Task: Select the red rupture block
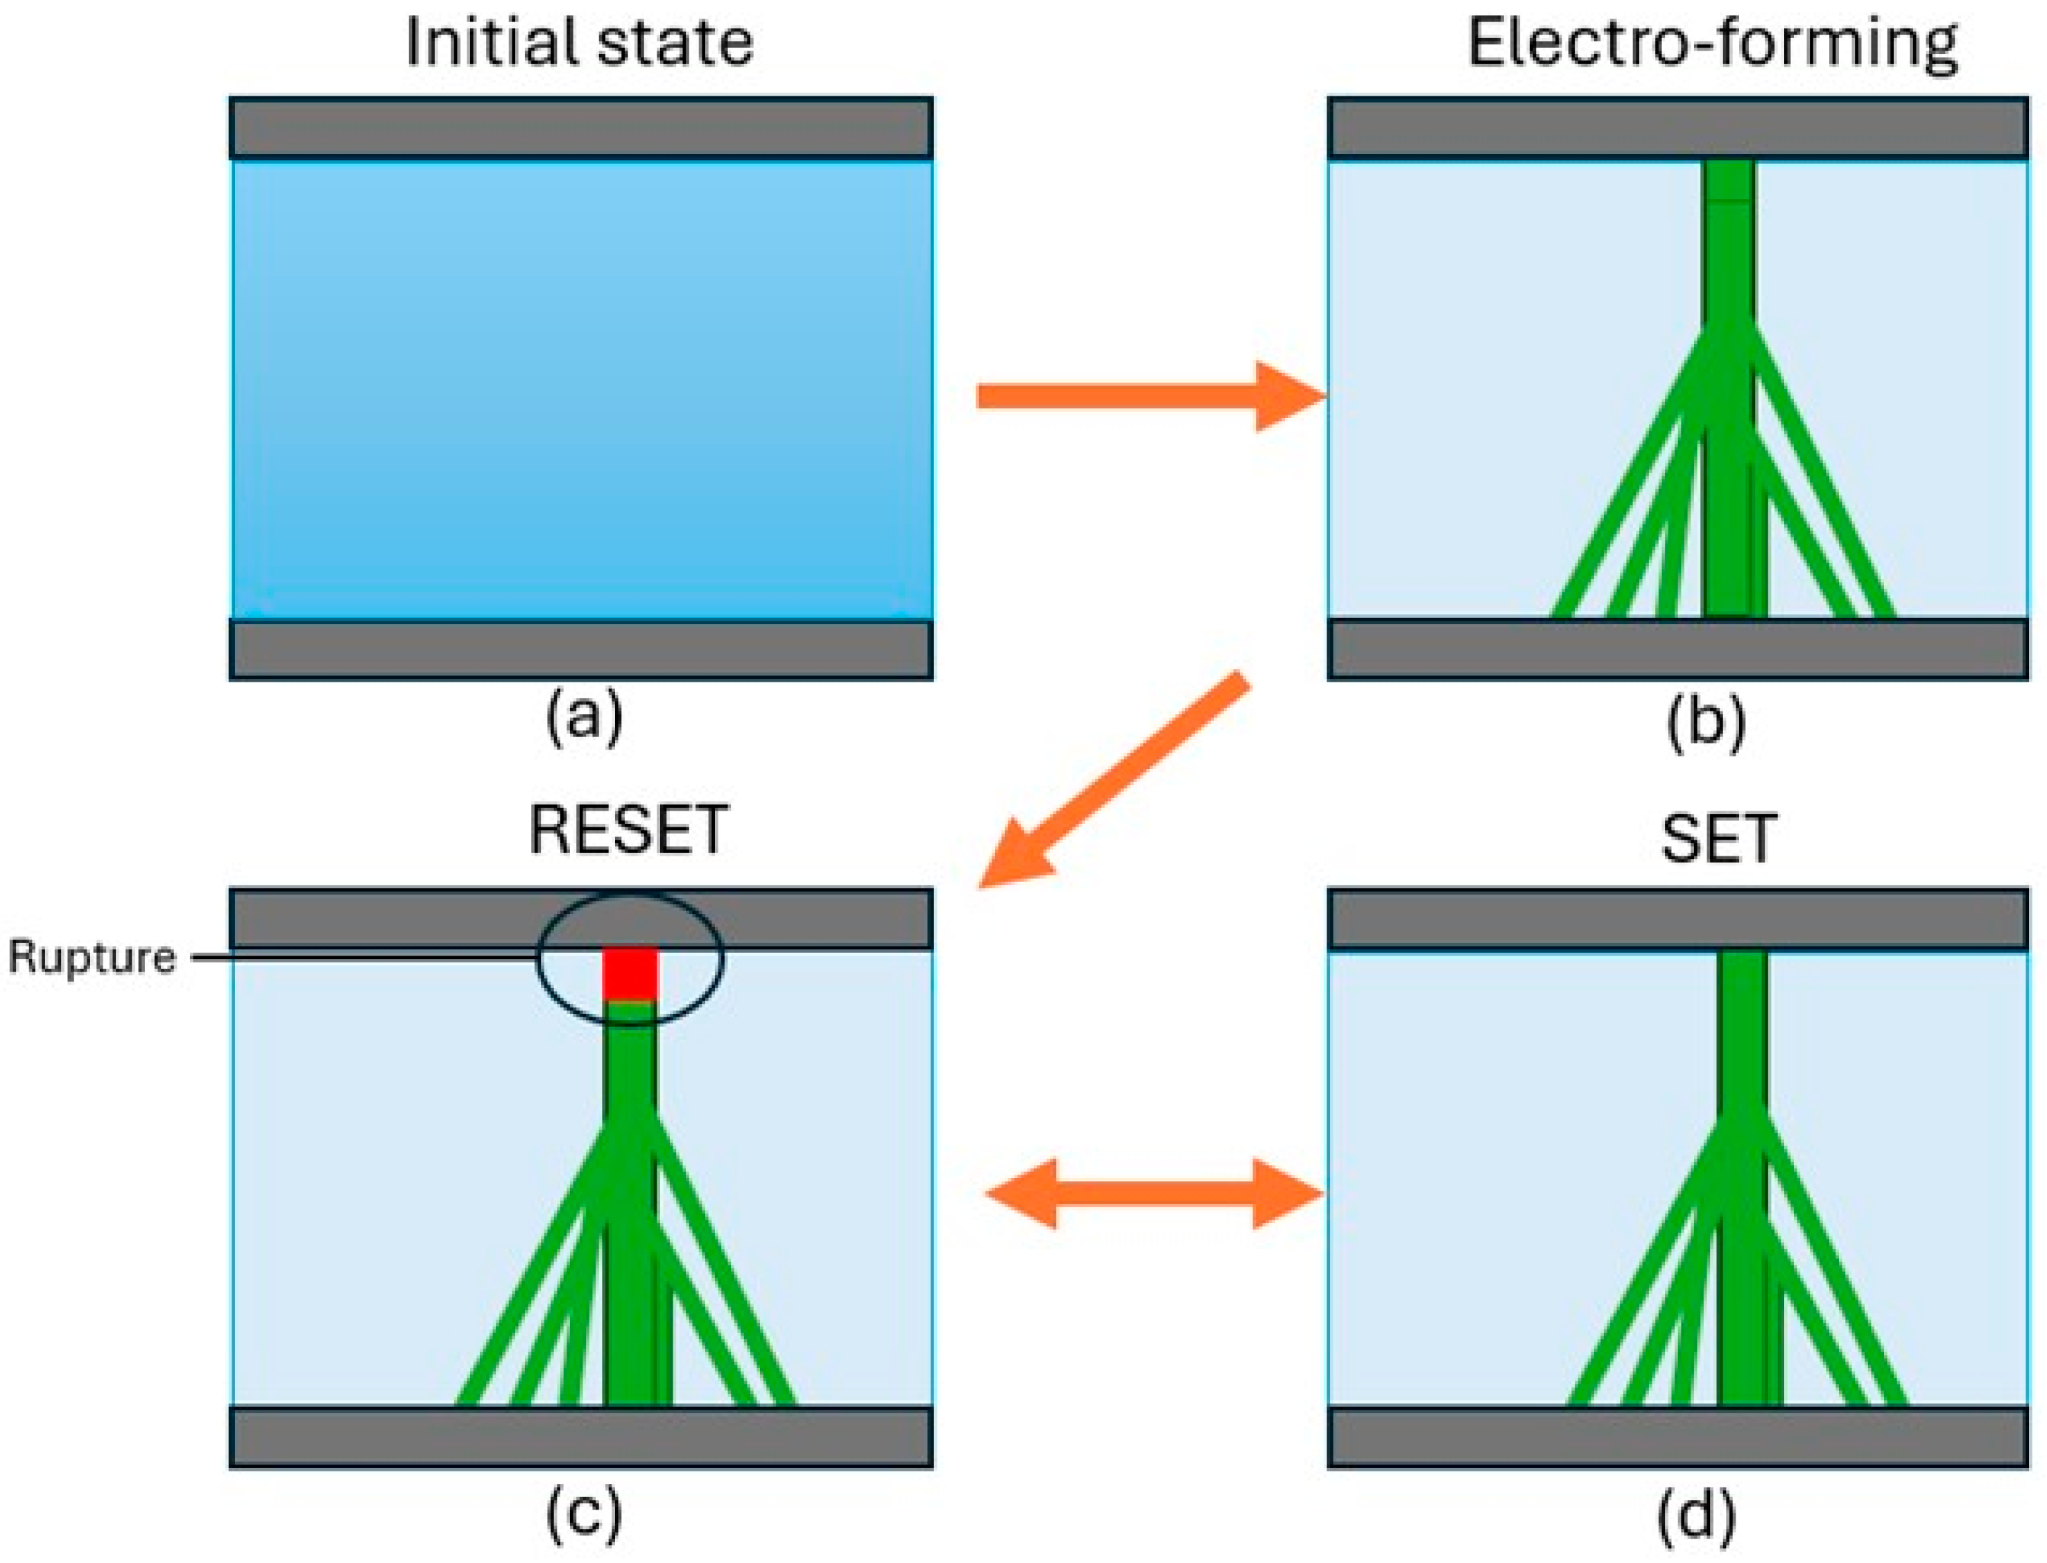coord(630,973)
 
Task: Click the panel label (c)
coord(583,1514)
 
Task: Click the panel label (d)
coord(1695,1514)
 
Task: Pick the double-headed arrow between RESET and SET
coord(1154,1193)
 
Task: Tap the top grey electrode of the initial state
coord(580,128)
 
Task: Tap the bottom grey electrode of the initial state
coord(580,649)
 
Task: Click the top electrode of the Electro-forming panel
coord(1677,128)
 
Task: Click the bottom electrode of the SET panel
coord(1677,1435)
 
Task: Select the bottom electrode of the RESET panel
coord(580,1435)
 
